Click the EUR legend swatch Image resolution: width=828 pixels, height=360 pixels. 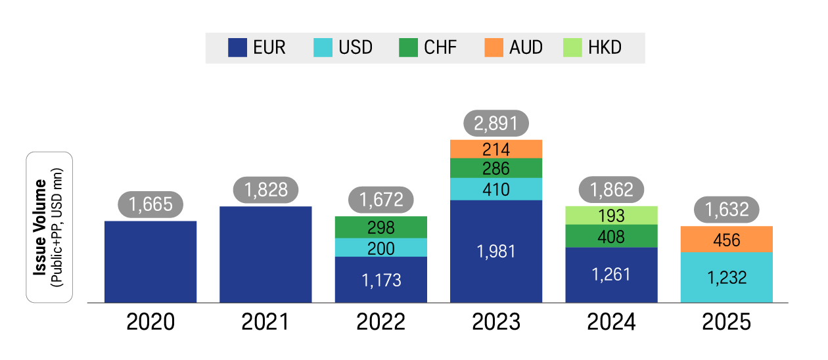237,48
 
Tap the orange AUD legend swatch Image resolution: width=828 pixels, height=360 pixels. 494,48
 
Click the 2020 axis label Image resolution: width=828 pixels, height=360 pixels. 150,323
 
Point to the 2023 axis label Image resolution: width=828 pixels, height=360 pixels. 496,323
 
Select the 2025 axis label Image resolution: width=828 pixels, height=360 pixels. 726,323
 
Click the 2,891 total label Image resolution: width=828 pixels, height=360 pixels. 496,124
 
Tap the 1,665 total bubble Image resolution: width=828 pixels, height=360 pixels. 150,204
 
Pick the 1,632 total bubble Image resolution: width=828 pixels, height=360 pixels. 726,210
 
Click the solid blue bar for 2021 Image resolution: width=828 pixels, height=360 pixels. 265,254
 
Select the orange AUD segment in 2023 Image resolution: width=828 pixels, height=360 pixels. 496,149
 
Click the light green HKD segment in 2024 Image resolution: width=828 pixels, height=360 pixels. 611,215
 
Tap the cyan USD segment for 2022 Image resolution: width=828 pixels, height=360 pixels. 381,248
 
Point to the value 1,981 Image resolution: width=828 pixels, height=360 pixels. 496,251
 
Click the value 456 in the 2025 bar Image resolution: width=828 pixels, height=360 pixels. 726,240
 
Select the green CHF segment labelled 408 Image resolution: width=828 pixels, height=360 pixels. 611,236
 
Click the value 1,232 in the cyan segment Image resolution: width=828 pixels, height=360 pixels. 726,277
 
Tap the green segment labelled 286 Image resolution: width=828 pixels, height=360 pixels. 496,168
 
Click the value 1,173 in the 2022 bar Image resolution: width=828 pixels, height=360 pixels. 381,280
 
